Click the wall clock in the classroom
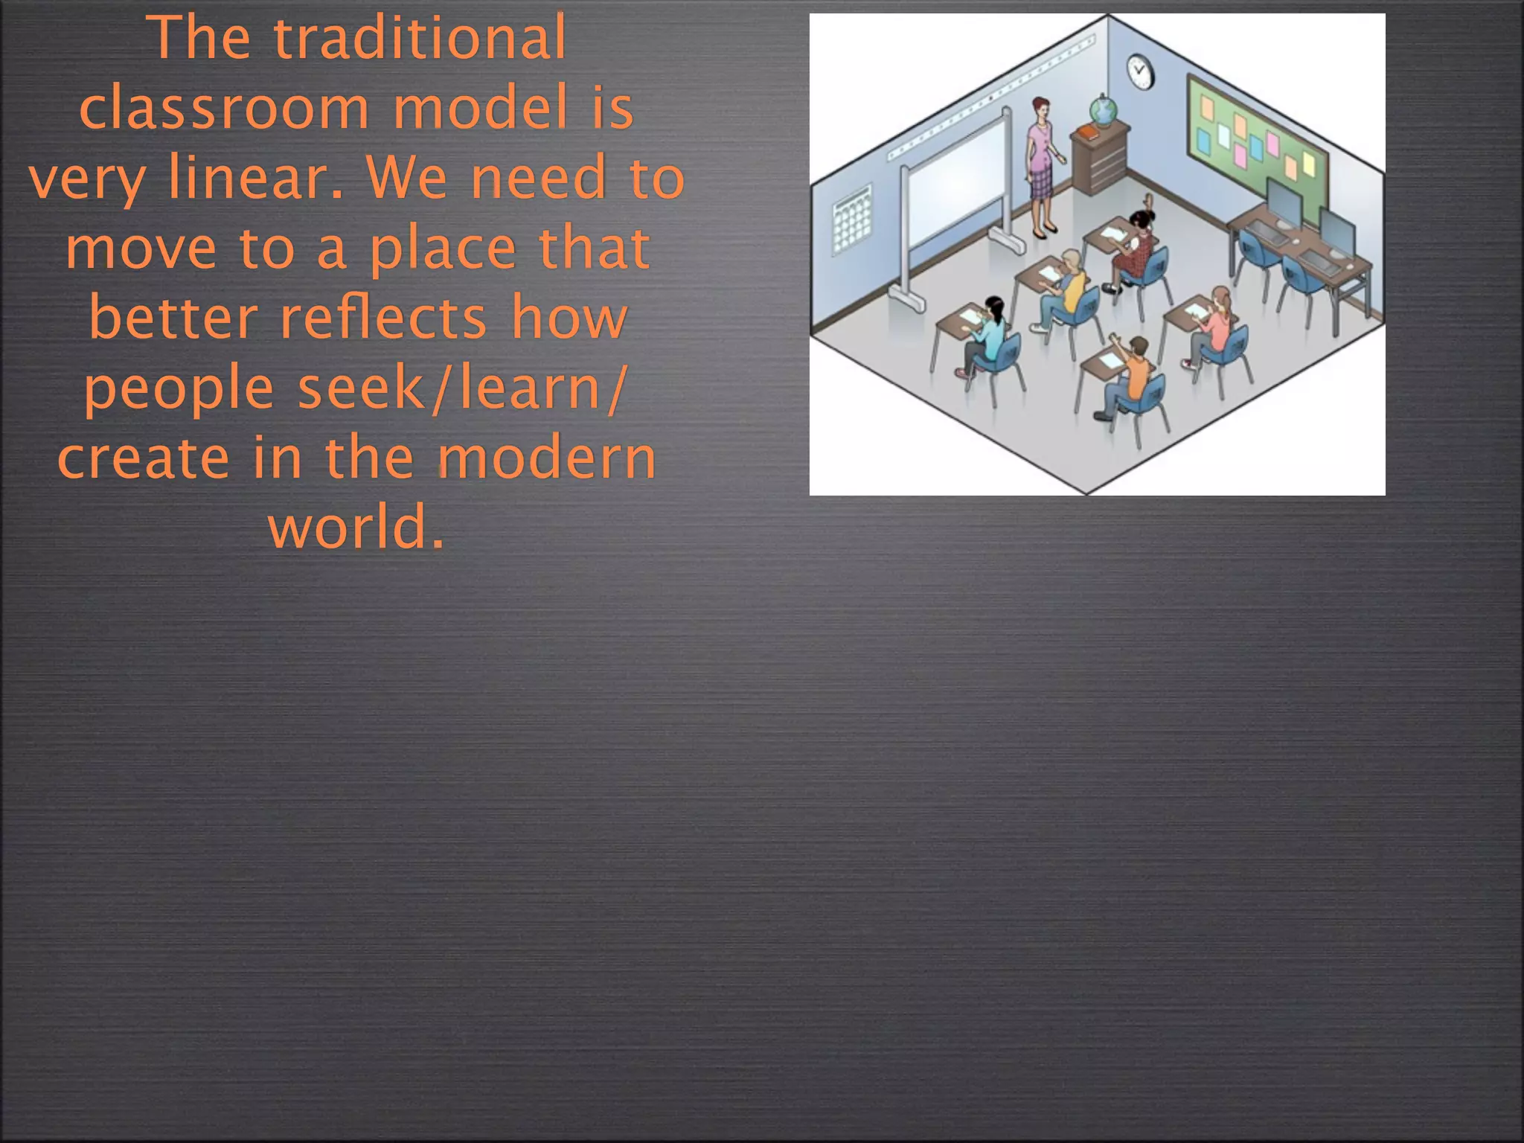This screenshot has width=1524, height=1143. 1139,71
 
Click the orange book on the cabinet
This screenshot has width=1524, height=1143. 1088,132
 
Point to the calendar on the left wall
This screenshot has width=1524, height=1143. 851,220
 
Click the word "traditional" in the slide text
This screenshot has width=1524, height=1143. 420,39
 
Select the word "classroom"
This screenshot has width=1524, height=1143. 224,109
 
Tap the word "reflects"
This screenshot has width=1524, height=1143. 383,318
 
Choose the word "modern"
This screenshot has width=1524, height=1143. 547,458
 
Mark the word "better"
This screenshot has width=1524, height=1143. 173,318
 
